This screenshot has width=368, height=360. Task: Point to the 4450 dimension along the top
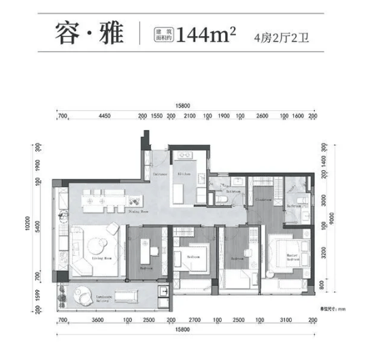pyautogui.click(x=104, y=116)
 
